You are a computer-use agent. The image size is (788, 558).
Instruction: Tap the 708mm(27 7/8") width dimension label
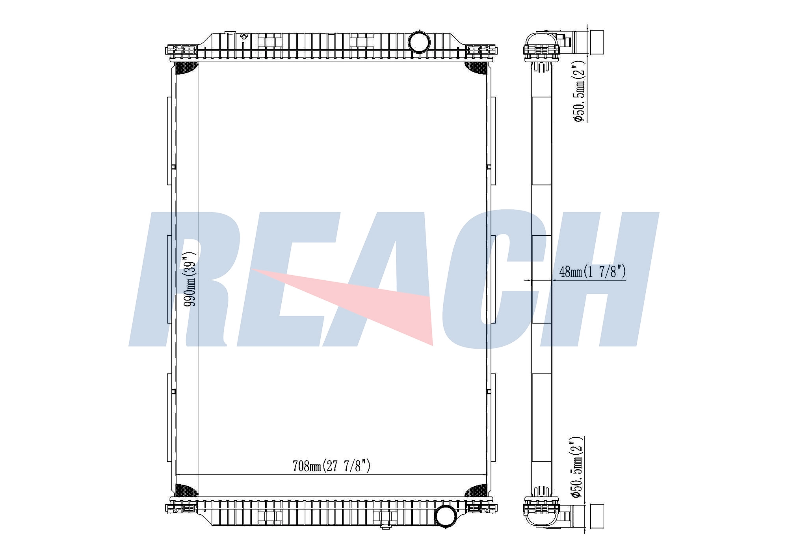pyautogui.click(x=332, y=466)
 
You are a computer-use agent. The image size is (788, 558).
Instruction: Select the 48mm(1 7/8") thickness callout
pyautogui.click(x=593, y=271)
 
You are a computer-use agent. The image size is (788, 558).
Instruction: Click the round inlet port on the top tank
pyautogui.click(x=418, y=41)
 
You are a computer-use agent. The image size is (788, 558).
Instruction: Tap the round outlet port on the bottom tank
pyautogui.click(x=446, y=515)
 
